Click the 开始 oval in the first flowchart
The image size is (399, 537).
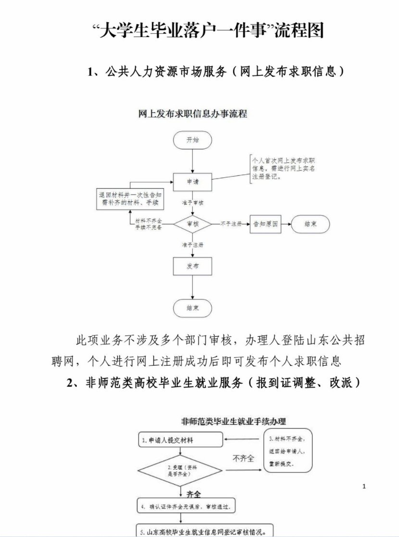point(192,140)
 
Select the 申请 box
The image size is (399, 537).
point(192,182)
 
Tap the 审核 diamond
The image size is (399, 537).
point(192,224)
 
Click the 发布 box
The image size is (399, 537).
point(192,266)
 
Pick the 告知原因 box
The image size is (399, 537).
point(265,224)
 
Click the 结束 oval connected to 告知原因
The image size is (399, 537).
point(311,224)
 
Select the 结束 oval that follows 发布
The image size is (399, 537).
point(192,308)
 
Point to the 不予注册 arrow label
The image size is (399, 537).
point(231,224)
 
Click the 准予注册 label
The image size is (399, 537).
point(192,245)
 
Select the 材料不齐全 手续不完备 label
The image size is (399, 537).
point(148,224)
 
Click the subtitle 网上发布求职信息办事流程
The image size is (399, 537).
point(192,114)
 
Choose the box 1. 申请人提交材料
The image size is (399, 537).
point(180,439)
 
